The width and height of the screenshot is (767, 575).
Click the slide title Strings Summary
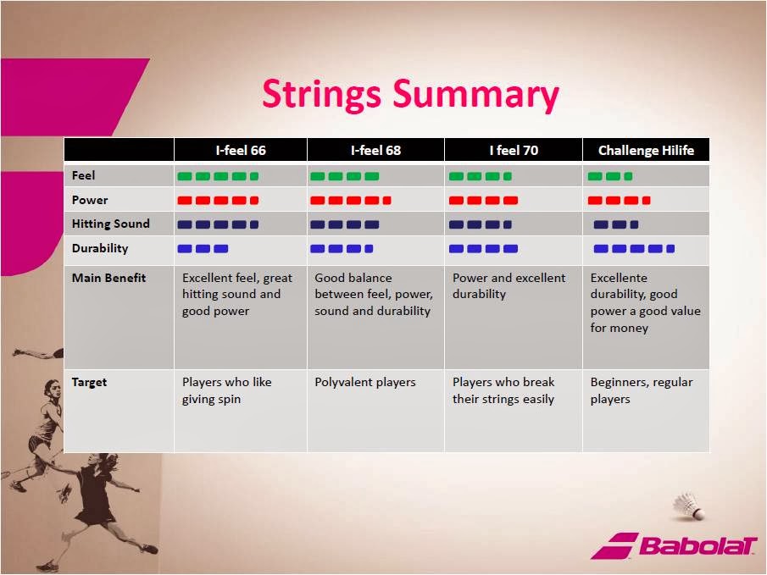(x=410, y=95)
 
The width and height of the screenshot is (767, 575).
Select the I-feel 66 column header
(x=241, y=150)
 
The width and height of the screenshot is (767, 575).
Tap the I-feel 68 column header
(x=375, y=150)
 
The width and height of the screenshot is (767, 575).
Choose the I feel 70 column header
(x=514, y=150)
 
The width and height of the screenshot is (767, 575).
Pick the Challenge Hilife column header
(x=646, y=150)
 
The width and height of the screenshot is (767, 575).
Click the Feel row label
(x=83, y=175)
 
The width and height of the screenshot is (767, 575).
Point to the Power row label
(x=90, y=200)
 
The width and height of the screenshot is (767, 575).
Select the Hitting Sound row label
(x=110, y=224)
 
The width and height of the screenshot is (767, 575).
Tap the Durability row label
(x=100, y=248)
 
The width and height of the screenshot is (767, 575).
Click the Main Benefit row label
(x=108, y=278)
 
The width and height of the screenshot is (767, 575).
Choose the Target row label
(x=89, y=383)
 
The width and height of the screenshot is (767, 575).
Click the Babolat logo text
(x=698, y=545)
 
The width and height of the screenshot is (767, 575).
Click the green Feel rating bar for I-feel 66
(x=218, y=176)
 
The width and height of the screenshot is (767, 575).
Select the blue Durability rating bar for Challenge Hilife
(x=634, y=249)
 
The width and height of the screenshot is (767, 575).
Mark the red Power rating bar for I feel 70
(x=483, y=201)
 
